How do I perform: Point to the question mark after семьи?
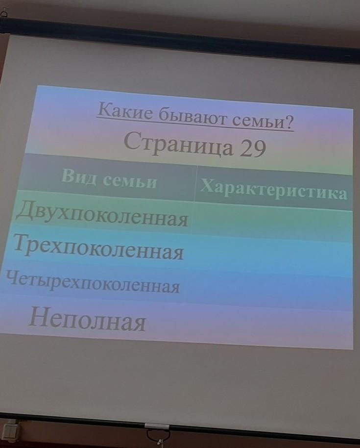[x=289, y=122]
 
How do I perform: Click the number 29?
[x=253, y=149]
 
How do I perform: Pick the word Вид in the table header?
[x=78, y=175]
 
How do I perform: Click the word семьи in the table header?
[x=130, y=181]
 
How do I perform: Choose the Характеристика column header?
[x=273, y=189]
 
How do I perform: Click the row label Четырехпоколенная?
[x=93, y=282]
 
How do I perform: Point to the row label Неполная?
[x=87, y=320]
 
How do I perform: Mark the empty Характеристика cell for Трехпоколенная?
[x=270, y=256]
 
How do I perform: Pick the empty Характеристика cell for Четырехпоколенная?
[x=268, y=290]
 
